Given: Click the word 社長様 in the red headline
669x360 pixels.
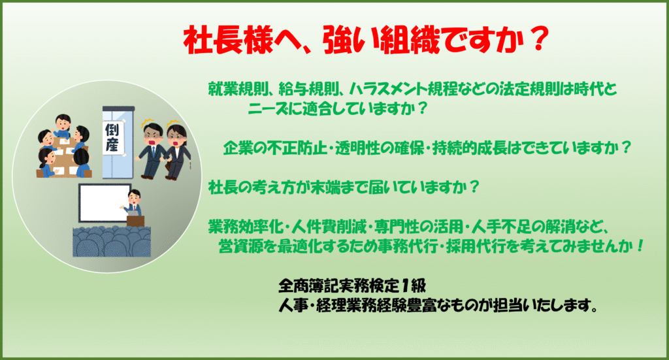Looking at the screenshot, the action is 228,41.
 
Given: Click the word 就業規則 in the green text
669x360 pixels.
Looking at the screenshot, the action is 238,89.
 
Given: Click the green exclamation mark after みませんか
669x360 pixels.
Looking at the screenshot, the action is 640,246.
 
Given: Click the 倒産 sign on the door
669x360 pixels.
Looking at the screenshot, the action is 113,138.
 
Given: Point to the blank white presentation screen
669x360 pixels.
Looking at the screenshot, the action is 105,203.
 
